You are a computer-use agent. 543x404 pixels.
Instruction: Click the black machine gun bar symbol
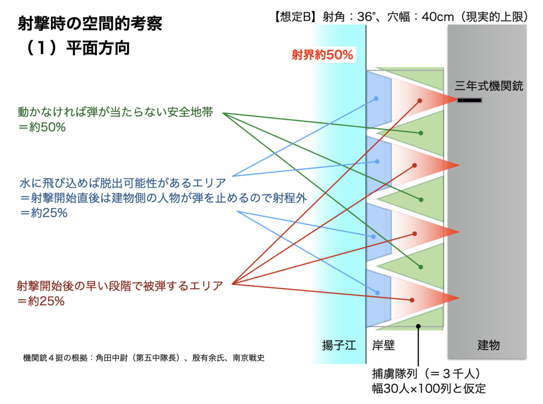(x=469, y=100)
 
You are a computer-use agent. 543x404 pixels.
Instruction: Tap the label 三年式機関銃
(x=489, y=86)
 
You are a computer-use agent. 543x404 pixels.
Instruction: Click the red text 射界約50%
(x=323, y=55)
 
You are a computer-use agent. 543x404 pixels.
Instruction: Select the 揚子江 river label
(x=339, y=345)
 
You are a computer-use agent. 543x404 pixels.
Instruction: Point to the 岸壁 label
(x=383, y=345)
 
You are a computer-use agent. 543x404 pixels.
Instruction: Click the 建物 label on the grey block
(x=489, y=345)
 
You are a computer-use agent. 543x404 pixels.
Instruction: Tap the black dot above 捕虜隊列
(x=419, y=326)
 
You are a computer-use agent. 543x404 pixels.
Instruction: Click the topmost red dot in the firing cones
(x=420, y=100)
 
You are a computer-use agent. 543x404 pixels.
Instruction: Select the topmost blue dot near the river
(x=376, y=99)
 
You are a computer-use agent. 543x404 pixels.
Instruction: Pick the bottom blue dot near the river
(x=377, y=293)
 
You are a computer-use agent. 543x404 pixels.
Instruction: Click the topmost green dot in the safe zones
(x=421, y=133)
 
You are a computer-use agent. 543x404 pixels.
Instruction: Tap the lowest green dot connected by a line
(x=421, y=267)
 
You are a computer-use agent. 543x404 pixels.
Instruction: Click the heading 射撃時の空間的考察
(x=90, y=24)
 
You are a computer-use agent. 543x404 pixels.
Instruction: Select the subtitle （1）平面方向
(x=76, y=48)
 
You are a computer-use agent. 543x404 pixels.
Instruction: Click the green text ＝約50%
(x=42, y=127)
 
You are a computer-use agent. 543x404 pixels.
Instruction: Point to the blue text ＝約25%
(x=43, y=213)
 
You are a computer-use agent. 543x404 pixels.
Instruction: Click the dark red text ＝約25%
(x=41, y=301)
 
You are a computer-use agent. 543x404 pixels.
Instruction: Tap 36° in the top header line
(x=366, y=17)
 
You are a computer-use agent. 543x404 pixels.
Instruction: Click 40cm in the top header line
(x=438, y=17)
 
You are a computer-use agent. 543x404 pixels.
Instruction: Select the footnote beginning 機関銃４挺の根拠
(x=144, y=358)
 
